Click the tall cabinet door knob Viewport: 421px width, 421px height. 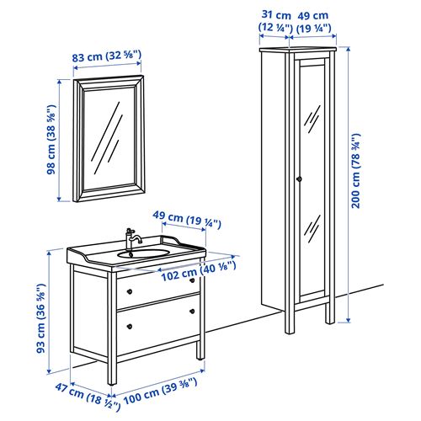click(297, 178)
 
